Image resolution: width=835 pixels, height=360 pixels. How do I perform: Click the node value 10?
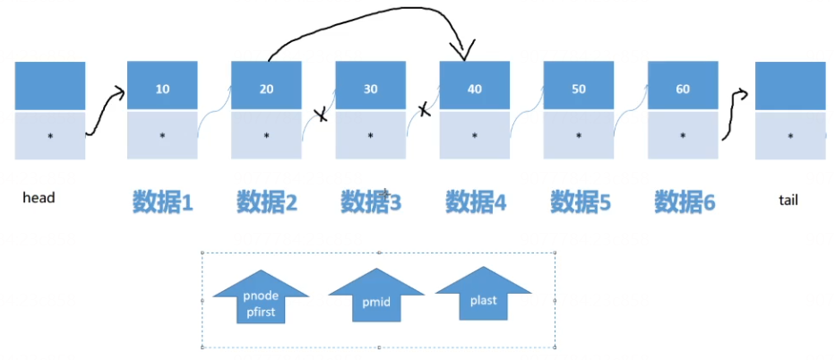coord(162,90)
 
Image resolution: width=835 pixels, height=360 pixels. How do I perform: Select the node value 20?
coord(266,90)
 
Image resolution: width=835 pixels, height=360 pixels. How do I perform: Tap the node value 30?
coord(370,90)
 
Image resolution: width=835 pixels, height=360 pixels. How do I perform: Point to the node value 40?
coord(474,90)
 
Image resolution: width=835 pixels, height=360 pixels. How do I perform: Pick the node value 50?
coord(578,90)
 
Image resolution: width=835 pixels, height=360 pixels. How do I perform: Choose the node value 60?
coord(683,90)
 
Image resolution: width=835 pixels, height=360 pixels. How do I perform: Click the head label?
coord(39,198)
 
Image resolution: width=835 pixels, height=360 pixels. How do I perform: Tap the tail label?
coord(788,201)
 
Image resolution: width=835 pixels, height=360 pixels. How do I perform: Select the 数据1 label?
coord(163,202)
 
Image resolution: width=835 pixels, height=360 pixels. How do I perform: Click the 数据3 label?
coord(371,202)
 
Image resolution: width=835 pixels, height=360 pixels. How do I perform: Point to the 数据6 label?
coord(684,202)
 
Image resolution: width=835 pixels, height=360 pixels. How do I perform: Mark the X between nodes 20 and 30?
coord(320,115)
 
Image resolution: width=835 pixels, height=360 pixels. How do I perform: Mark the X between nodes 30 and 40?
coord(424,110)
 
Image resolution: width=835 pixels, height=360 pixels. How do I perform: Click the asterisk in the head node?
coord(50,136)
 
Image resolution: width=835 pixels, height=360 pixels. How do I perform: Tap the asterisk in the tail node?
coord(790,137)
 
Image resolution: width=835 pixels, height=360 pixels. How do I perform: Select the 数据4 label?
coord(476,202)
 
